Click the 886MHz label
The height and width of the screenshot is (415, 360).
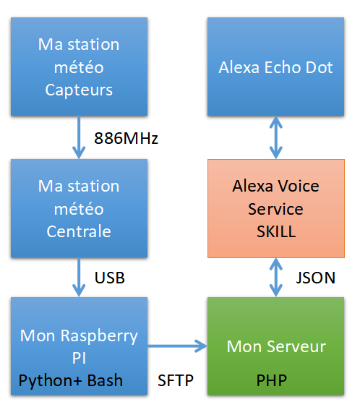126,138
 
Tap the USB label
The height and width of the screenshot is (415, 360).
110,278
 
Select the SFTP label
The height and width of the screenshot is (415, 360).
176,380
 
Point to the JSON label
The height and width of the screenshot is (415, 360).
315,278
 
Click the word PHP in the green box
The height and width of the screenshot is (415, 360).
272,380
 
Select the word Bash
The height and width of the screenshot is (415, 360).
105,380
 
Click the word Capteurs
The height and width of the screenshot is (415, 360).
79,90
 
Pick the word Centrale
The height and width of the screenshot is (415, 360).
79,231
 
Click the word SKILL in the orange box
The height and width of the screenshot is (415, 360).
276,231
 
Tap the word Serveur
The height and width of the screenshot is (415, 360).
296,346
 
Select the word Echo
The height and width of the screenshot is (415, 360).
283,67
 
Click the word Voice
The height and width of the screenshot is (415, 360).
298,186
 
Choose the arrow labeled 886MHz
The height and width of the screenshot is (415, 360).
79,137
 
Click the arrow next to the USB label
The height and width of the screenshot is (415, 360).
79,277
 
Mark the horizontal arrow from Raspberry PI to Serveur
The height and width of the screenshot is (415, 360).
177,346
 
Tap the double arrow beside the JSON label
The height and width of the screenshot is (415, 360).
276,277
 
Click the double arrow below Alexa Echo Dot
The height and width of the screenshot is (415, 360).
276,137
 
